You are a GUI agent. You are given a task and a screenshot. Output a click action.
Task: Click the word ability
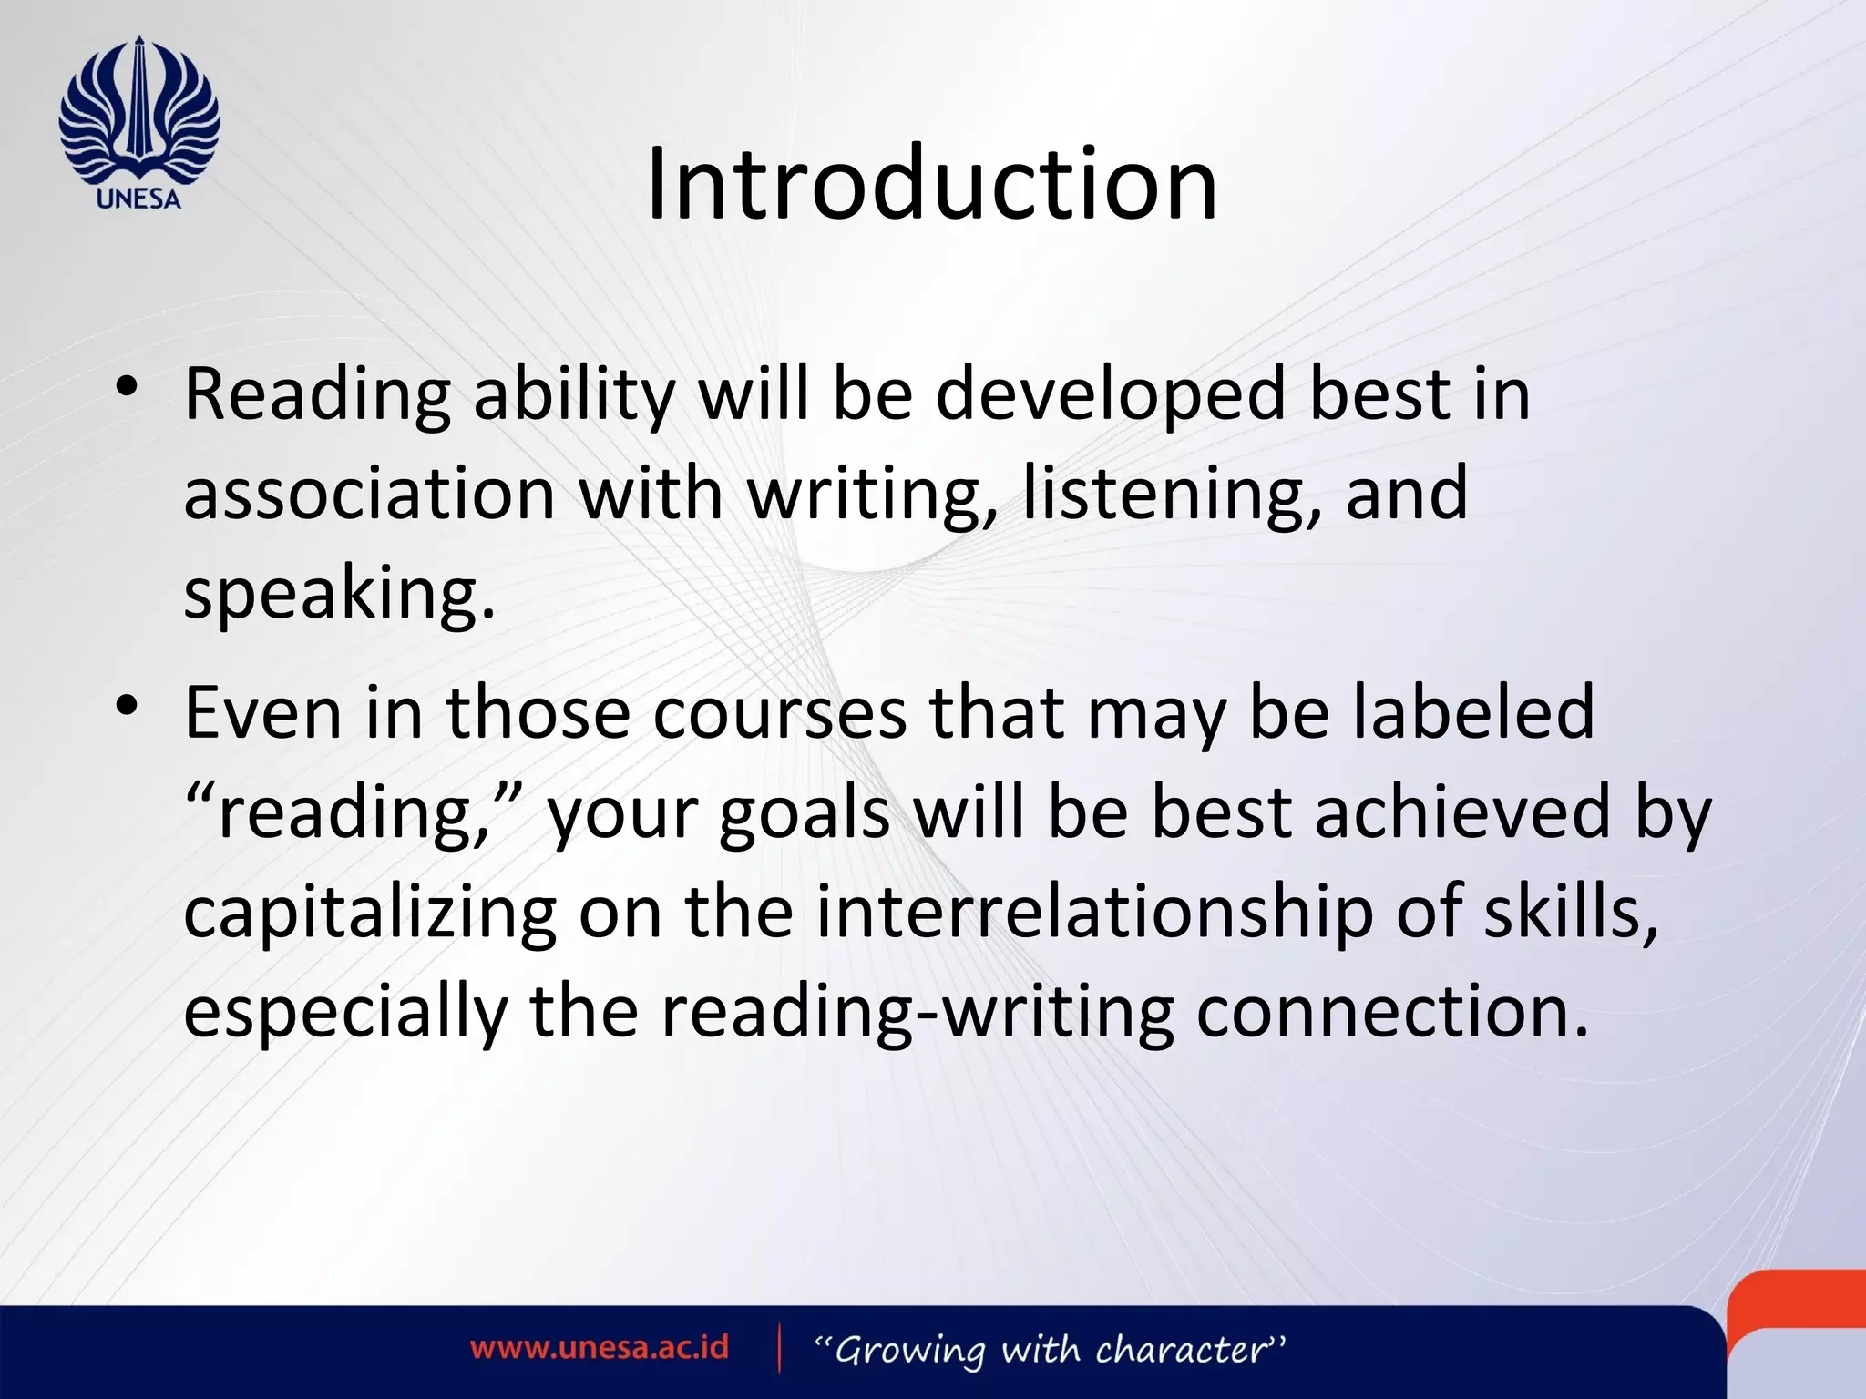tap(574, 395)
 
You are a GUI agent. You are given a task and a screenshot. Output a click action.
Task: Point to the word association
tap(370, 493)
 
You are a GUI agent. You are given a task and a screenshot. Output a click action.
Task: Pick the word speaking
tap(339, 594)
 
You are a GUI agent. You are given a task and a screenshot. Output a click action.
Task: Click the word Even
tap(263, 712)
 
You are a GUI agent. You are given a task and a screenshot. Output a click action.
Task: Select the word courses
tap(780, 712)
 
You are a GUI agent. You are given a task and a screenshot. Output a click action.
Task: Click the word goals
tap(805, 813)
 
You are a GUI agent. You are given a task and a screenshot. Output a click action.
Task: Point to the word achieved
tap(1463, 812)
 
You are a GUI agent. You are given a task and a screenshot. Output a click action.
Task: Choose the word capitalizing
tap(370, 914)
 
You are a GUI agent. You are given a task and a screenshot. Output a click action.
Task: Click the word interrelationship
tap(1094, 912)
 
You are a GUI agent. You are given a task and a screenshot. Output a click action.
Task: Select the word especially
tap(345, 1013)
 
